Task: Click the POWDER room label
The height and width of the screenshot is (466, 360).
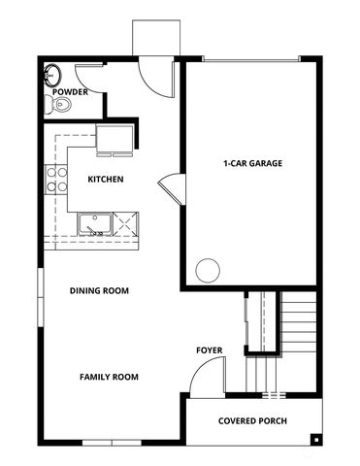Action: tap(70, 92)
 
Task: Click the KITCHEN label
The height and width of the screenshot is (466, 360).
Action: tap(106, 179)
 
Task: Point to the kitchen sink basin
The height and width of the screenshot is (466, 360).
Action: tap(94, 224)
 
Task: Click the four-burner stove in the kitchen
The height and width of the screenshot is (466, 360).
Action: tap(56, 180)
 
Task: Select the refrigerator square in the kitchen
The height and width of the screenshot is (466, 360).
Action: tap(115, 138)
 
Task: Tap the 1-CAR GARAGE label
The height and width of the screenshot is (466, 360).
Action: tap(252, 163)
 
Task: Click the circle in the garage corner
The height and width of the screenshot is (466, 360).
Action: tap(208, 271)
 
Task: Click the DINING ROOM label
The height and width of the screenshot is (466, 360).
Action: tap(99, 290)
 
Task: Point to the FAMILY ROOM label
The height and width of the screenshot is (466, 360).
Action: tap(109, 377)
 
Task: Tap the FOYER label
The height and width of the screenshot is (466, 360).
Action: tap(210, 350)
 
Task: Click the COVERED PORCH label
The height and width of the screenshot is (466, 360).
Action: tap(252, 421)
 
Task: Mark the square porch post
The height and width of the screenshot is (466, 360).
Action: tap(316, 440)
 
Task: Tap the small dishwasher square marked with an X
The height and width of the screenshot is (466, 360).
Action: tap(125, 224)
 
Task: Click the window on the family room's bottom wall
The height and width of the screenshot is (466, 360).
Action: tap(112, 443)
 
